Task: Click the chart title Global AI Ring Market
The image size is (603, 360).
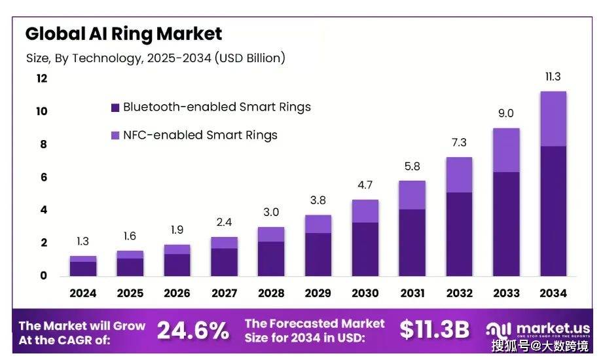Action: tap(123, 33)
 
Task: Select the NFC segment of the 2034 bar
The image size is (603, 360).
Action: tap(553, 118)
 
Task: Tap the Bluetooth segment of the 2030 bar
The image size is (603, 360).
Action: tap(365, 249)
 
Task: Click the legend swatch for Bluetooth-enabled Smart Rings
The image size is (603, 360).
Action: tap(115, 107)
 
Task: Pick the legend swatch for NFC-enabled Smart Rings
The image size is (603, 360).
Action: tap(115, 135)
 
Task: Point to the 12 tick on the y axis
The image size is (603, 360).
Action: tap(42, 79)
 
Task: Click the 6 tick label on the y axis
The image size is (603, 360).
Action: tap(43, 177)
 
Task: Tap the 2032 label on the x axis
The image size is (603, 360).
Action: tap(459, 293)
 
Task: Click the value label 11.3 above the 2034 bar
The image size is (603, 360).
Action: tap(553, 77)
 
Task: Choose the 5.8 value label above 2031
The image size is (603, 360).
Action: tap(412, 167)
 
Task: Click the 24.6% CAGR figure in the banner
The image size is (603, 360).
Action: tap(192, 331)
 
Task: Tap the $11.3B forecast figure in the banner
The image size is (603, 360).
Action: tap(434, 331)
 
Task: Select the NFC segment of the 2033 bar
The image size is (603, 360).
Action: tap(506, 150)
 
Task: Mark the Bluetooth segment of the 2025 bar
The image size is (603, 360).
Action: tap(130, 267)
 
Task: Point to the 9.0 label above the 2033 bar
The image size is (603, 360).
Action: tap(506, 113)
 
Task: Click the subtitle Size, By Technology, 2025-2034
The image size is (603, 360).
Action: tap(155, 58)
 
